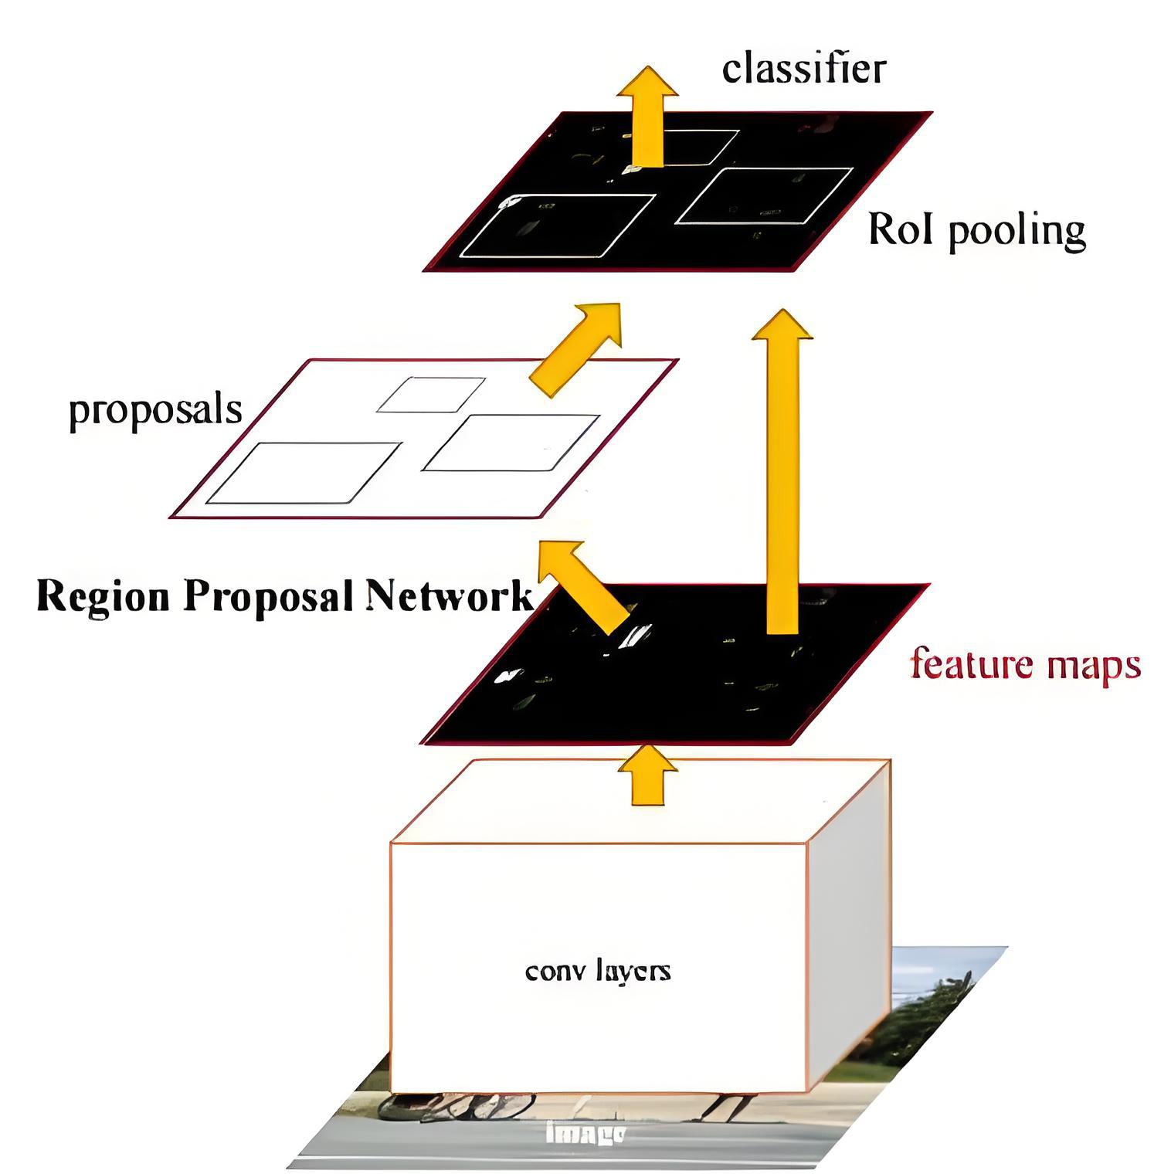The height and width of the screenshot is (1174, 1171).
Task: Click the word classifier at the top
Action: coord(803,69)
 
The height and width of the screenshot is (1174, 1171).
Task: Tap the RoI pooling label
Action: coord(976,229)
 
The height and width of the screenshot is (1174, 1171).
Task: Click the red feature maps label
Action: coord(1025,664)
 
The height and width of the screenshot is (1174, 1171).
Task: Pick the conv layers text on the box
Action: coord(597,971)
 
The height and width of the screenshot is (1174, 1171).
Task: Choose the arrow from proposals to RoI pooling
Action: coord(579,344)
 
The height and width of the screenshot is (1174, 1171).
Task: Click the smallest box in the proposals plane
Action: coord(431,395)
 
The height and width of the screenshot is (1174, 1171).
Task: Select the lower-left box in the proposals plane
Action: coord(304,473)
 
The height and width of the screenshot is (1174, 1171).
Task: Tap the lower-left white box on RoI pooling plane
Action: coord(556,226)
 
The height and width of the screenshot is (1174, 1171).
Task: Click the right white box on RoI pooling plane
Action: coord(763,196)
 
